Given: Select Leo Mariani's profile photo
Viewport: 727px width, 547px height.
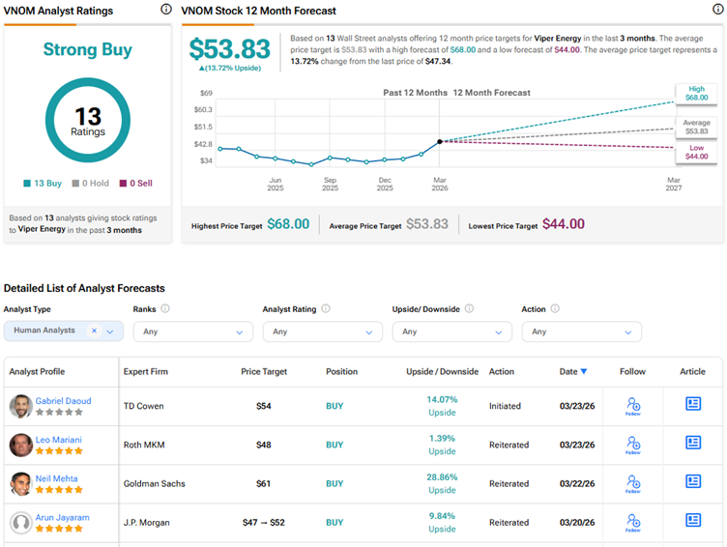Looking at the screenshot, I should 20,445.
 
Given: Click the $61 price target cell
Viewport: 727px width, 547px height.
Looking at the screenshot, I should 263,483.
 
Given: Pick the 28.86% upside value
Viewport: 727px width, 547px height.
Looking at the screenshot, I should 442,476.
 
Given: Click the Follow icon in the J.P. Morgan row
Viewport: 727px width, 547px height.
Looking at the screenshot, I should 633,522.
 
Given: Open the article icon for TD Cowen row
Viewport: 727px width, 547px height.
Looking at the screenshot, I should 693,405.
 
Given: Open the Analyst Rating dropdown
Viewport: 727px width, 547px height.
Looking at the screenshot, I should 322,331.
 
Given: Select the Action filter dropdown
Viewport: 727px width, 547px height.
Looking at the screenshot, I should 581,331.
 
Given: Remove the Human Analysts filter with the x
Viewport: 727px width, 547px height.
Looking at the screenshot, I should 94,331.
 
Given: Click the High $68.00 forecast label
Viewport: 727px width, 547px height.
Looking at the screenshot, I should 697,94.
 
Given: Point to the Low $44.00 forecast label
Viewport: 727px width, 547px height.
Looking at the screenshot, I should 697,152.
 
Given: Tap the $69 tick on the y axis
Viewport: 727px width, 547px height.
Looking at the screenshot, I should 206,93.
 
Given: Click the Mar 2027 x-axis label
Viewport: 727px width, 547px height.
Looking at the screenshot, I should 674,184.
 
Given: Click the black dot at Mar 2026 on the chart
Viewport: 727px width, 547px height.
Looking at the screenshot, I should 440,141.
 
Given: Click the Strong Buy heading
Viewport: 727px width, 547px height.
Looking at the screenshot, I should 88,49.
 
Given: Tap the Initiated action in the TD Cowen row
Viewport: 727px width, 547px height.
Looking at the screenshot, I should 505,406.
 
